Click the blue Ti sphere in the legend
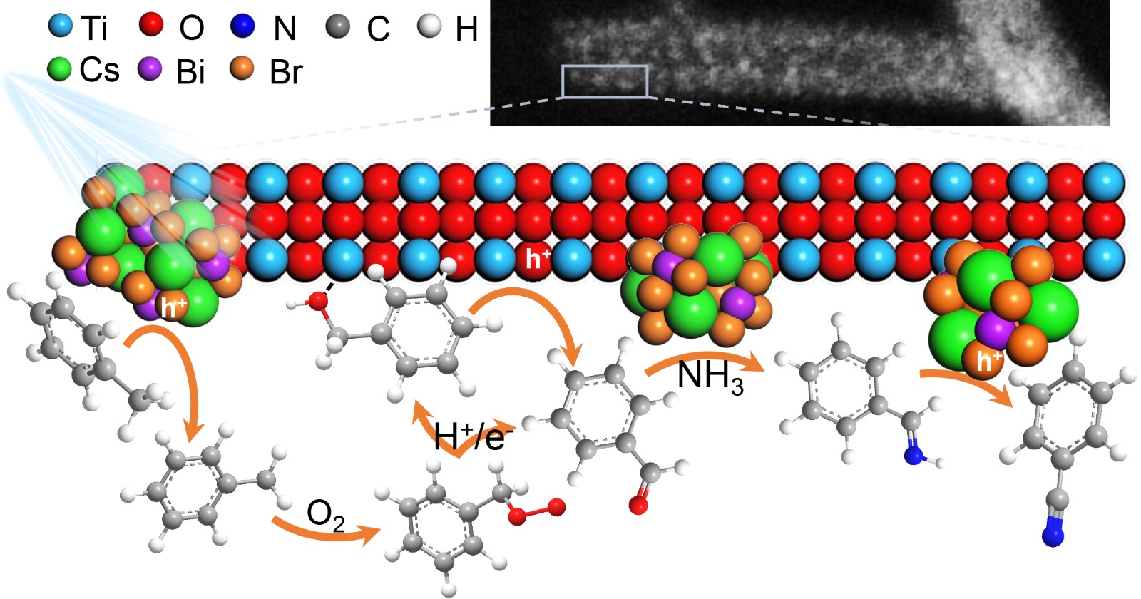click(x=61, y=26)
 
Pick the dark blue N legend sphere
click(x=242, y=26)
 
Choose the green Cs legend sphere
click(x=59, y=69)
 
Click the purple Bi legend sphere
click(x=150, y=69)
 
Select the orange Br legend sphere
click(x=242, y=68)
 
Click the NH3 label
click(x=710, y=377)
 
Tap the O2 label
click(x=325, y=515)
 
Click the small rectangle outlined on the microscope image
click(x=605, y=81)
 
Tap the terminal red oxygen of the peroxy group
click(x=557, y=507)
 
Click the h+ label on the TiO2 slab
click(x=536, y=259)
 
